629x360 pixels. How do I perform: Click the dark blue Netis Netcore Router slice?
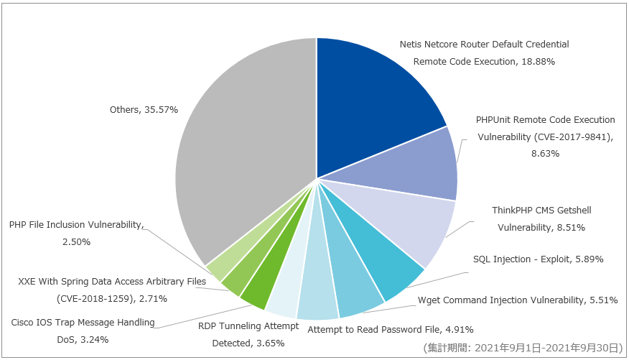[x=373, y=101]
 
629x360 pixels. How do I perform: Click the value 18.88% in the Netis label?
[x=538, y=61]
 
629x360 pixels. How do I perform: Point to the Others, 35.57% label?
[x=144, y=109]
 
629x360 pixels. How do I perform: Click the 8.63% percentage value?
[x=545, y=153]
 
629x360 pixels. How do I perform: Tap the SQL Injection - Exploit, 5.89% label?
[x=538, y=259]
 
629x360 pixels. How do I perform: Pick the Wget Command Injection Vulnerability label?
[x=500, y=300]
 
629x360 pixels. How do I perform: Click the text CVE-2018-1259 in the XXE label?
[x=95, y=299]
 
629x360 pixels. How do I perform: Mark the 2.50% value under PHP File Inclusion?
[x=76, y=242]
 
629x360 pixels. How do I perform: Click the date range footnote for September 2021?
[x=523, y=348]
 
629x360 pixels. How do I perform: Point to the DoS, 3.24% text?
[x=83, y=340]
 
